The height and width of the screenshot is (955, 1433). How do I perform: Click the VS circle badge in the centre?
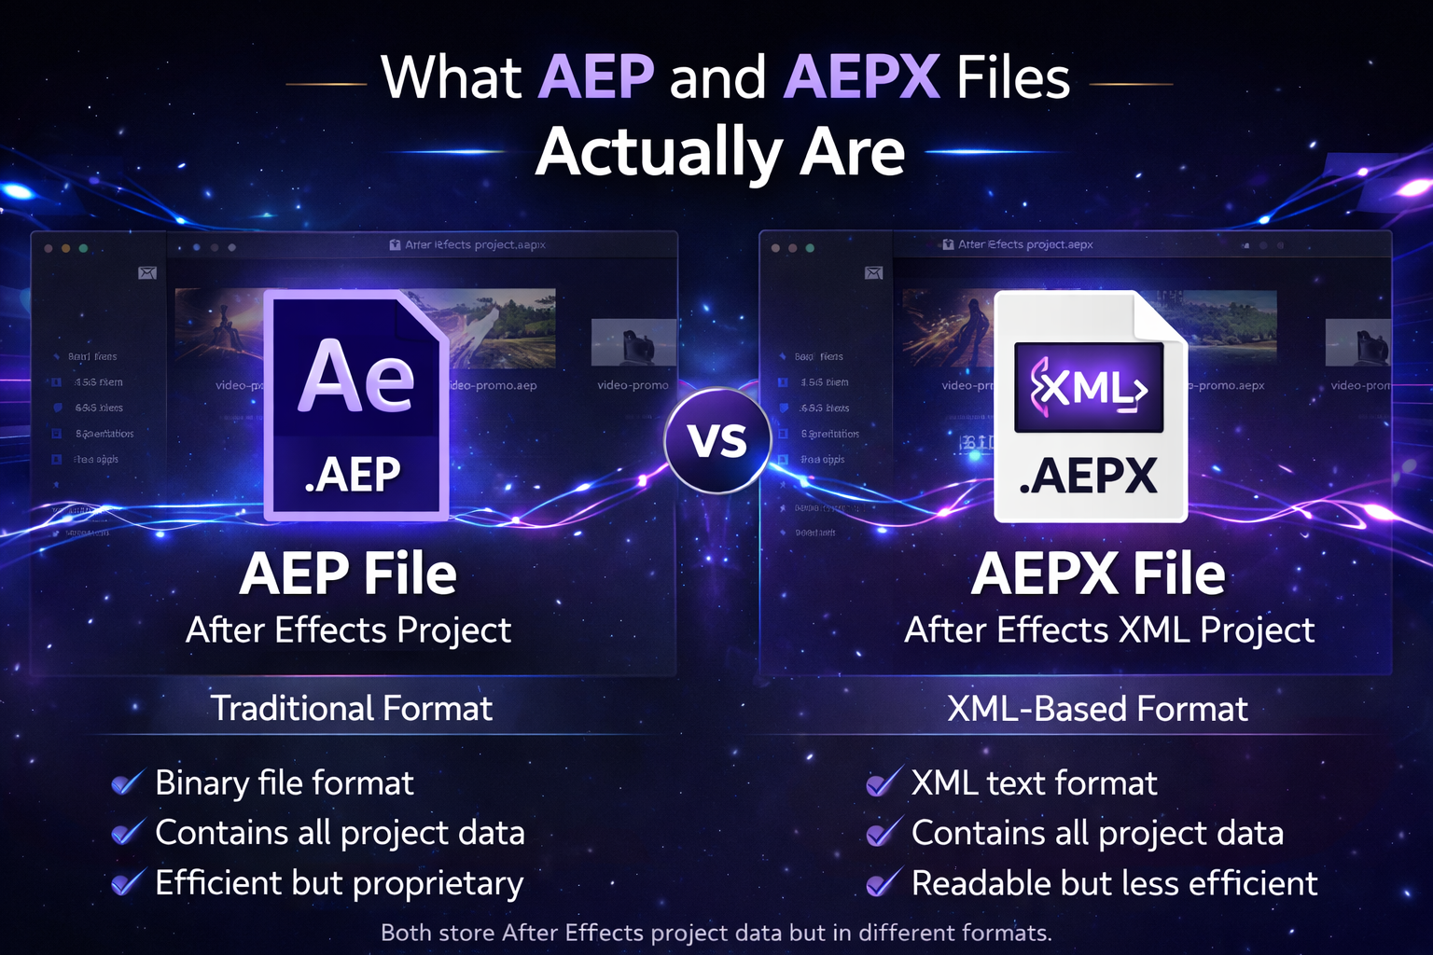point(717,440)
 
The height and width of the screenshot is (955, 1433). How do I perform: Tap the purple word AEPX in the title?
point(861,76)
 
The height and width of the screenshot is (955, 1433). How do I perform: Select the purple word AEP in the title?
point(596,76)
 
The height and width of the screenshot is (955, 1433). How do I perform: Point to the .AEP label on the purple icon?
point(353,475)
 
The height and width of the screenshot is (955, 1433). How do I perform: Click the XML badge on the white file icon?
point(1089,387)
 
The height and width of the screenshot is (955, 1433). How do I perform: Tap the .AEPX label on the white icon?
point(1088,477)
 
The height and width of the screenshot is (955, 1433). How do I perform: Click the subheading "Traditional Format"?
point(351,709)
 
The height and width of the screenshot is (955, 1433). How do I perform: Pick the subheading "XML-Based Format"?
point(1097,709)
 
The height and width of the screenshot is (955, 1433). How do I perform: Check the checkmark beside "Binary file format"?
point(127,782)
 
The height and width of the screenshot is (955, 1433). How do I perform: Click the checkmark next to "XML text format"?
point(883,782)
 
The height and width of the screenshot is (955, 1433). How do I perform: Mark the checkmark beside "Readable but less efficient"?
point(883,882)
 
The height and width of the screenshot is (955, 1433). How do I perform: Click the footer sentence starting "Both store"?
point(716,933)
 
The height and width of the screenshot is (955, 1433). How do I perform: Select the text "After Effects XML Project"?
point(1109,630)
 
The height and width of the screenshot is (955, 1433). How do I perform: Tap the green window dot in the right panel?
point(810,248)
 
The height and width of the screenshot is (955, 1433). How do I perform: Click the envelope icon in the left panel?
point(147,273)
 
